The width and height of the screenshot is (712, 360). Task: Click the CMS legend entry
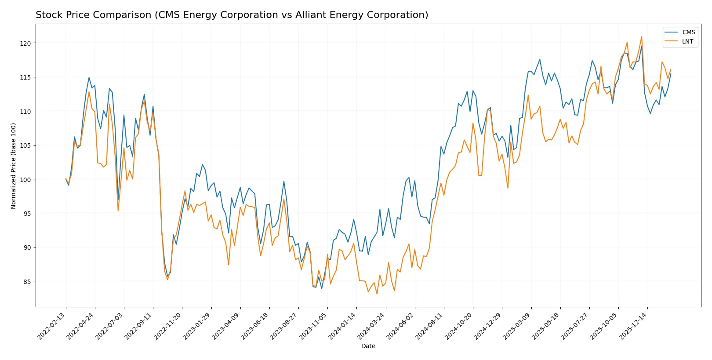coord(688,32)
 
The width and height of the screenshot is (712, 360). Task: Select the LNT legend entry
coord(687,42)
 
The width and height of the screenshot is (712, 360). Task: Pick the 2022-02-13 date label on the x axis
coord(52,326)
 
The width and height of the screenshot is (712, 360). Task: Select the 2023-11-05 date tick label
coord(313,326)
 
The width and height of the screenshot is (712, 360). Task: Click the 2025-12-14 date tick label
coord(633,326)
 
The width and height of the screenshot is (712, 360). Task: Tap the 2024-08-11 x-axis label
coord(430,326)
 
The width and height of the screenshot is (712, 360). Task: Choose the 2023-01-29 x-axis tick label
coord(197,326)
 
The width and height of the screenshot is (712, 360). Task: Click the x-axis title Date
coord(368,346)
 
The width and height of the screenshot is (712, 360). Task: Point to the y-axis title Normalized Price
coord(14,166)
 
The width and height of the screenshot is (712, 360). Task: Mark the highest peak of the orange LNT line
coord(641,36)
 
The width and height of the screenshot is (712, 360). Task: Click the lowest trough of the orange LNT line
coord(377,294)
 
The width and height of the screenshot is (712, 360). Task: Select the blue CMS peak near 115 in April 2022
coord(89,77)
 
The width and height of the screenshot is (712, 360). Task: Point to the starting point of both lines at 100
coord(66,179)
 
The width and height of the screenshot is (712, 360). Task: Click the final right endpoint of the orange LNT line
coord(670,69)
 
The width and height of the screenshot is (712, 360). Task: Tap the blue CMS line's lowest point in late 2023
coord(322,288)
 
